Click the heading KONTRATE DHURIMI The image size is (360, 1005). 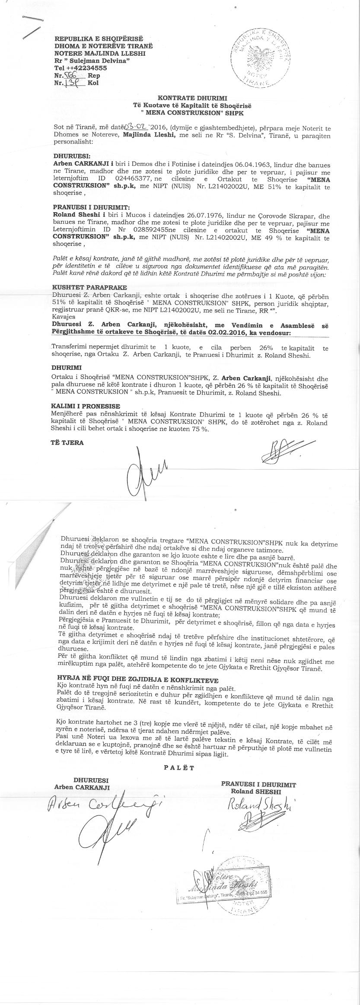point(192,99)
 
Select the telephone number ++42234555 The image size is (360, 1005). point(86,68)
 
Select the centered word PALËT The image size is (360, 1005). point(179,768)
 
